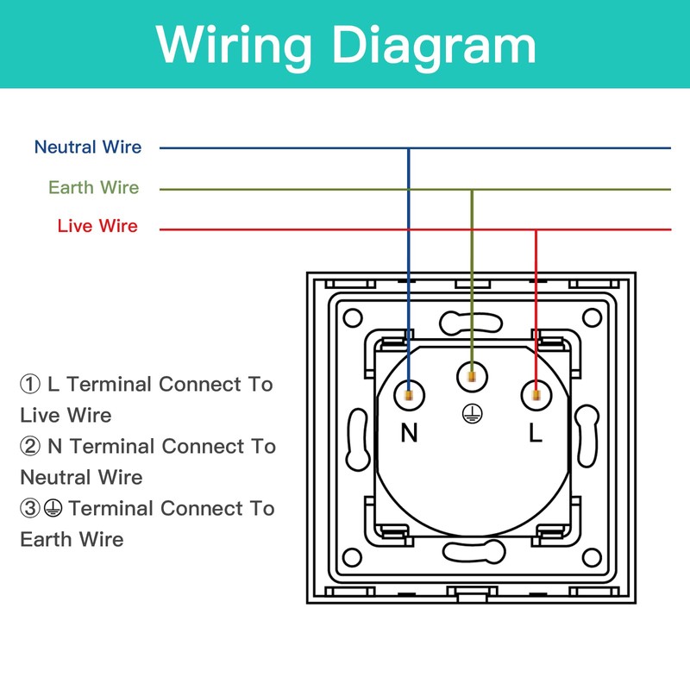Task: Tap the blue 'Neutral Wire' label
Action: [x=88, y=147]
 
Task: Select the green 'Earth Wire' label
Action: [x=94, y=187]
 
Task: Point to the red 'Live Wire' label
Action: [x=97, y=226]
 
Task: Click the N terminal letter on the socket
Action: [x=409, y=433]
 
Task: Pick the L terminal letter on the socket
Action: [x=535, y=433]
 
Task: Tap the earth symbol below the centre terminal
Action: [x=472, y=414]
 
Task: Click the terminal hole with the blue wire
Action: [x=409, y=395]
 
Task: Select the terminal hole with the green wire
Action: [x=472, y=377]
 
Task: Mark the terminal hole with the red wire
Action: [x=536, y=395]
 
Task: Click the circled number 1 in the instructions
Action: [x=30, y=384]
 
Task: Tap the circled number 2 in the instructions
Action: [x=30, y=446]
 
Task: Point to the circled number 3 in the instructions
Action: [x=30, y=508]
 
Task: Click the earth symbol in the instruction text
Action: [x=53, y=508]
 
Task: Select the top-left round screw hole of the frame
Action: [x=353, y=317]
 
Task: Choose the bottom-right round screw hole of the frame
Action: [x=592, y=557]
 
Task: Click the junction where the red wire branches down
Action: [x=536, y=229]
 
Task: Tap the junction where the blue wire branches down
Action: [x=409, y=148]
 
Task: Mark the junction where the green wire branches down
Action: [x=472, y=190]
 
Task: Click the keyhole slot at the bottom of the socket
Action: [x=474, y=552]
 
